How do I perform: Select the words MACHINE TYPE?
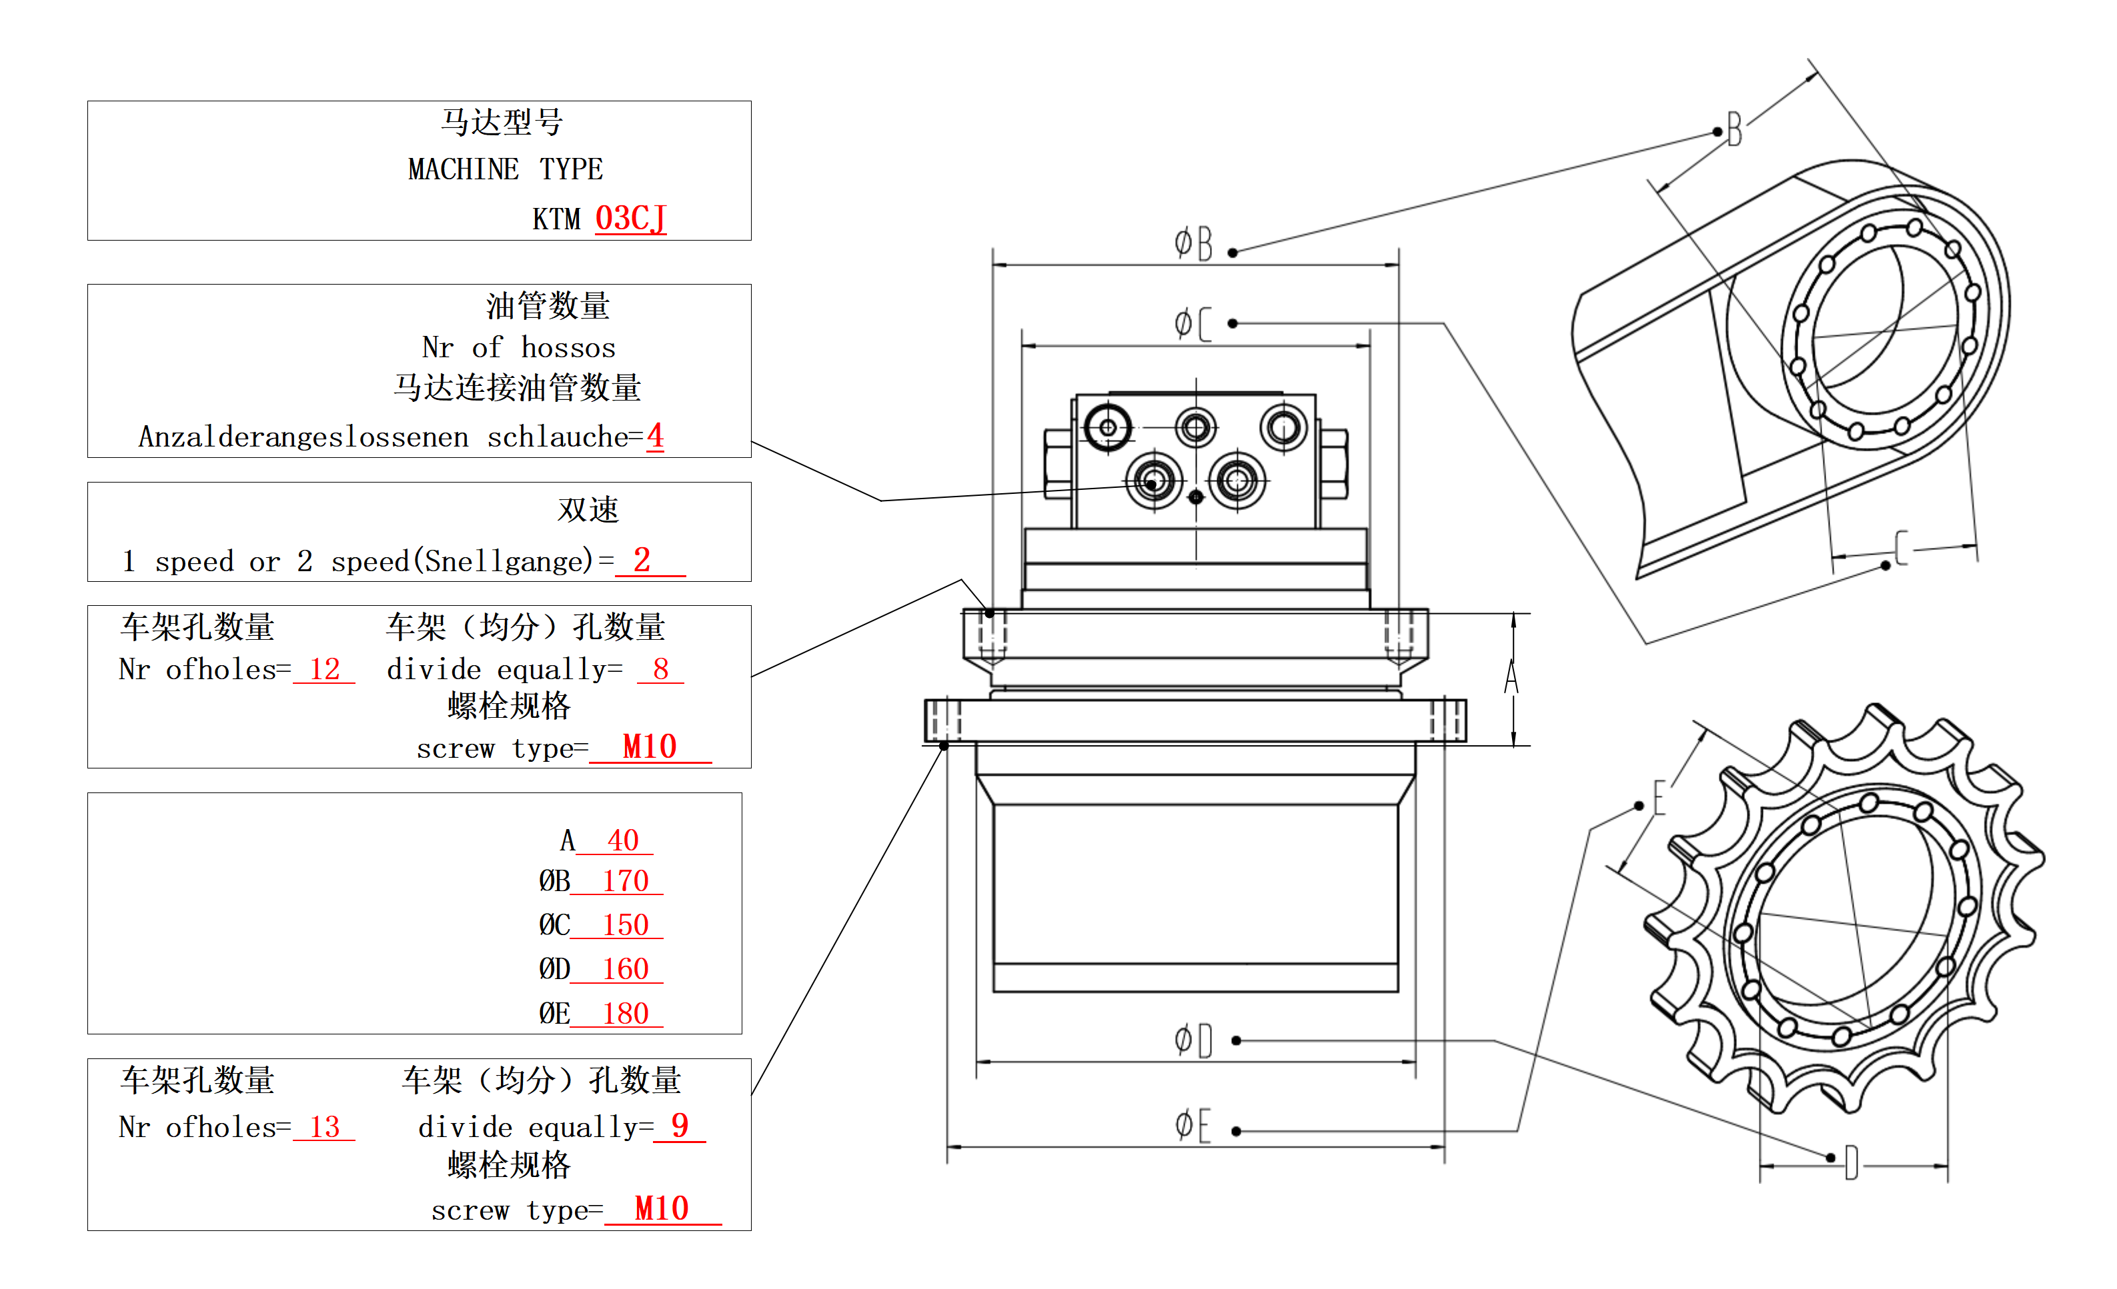click(x=505, y=169)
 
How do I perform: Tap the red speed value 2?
click(x=642, y=560)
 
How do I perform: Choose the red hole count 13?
click(x=325, y=1126)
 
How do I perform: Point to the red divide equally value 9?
click(x=680, y=1125)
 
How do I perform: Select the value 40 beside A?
click(x=623, y=839)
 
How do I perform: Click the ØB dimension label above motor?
click(x=1193, y=243)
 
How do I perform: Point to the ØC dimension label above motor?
click(x=1193, y=324)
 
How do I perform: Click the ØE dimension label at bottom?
click(x=1193, y=1125)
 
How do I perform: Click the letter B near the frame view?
click(x=1735, y=131)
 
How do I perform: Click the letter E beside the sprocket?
click(x=1659, y=797)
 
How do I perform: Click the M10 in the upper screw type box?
click(x=650, y=746)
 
